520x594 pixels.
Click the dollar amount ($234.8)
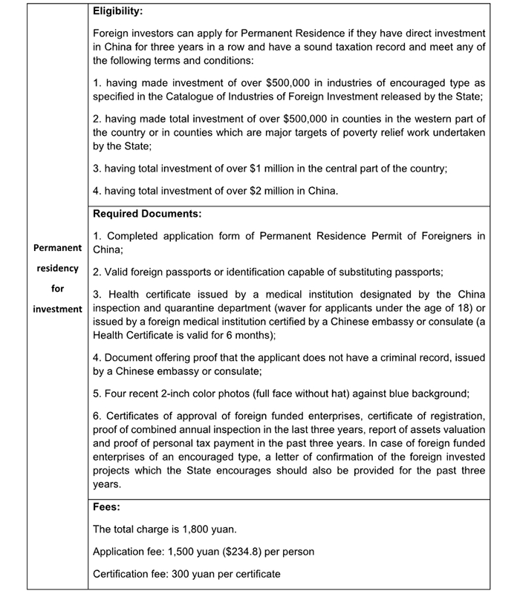(250, 552)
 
